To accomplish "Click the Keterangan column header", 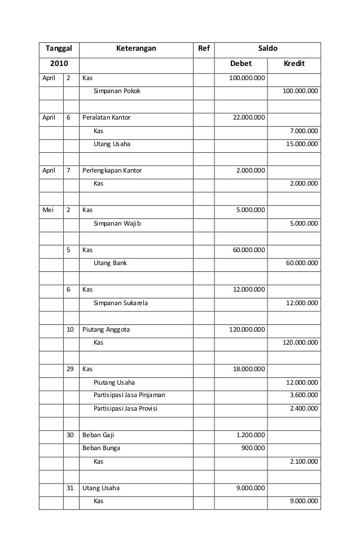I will pos(136,49).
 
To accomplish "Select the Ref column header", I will pos(204,49).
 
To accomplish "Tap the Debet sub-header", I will pos(241,64).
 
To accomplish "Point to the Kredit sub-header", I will pos(293,64).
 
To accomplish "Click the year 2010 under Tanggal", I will pos(59,64).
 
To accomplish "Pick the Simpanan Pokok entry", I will pos(117,90).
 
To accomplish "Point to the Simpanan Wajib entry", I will pos(118,223).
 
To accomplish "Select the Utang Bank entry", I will pos(110,263).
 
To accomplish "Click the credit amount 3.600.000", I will pos(304,395).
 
